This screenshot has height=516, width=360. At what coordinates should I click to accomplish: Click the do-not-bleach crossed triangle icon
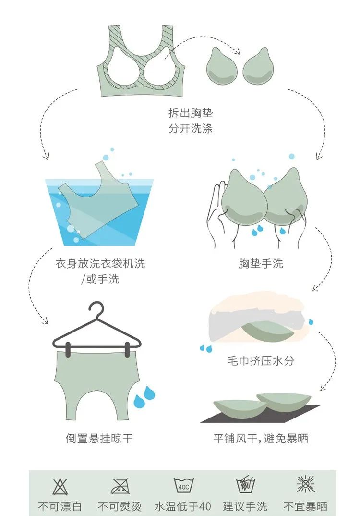click(x=60, y=486)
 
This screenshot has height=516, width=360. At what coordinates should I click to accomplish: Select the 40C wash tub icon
click(x=183, y=486)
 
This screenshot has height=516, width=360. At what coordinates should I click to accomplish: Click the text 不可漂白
click(x=60, y=506)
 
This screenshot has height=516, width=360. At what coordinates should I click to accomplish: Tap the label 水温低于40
click(x=183, y=506)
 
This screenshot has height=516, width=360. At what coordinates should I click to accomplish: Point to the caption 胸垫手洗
click(x=261, y=263)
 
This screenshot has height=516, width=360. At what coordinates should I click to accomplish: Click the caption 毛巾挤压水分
click(x=261, y=361)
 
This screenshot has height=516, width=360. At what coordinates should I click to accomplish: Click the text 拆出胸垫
click(x=190, y=113)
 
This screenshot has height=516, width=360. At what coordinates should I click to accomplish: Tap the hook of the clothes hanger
click(x=96, y=307)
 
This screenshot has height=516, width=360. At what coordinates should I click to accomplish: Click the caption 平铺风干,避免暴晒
click(x=261, y=438)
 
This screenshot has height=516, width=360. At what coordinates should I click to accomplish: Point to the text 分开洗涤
click(x=190, y=129)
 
